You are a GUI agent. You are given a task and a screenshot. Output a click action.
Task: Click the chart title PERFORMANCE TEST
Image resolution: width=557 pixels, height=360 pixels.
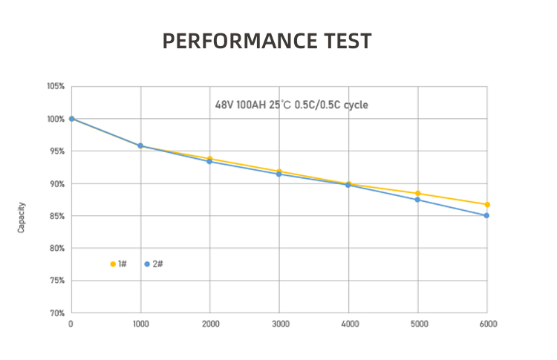267,41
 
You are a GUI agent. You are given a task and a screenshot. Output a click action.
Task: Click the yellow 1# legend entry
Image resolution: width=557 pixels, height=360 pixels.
118,264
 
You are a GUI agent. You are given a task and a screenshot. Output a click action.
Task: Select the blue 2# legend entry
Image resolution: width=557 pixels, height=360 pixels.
154,264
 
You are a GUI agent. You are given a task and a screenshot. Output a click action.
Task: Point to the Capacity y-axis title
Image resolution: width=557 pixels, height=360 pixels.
22,217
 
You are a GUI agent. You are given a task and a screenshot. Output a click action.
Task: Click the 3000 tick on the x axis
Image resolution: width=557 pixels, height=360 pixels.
279,324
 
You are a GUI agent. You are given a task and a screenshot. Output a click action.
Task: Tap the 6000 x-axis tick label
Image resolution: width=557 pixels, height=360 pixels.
488,324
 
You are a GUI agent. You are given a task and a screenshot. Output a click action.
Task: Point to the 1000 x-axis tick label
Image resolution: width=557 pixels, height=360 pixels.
140,324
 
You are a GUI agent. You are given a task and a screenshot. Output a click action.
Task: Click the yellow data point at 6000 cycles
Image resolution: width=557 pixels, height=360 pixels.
487,204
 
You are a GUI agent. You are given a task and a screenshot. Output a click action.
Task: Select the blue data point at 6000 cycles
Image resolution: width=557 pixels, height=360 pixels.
487,215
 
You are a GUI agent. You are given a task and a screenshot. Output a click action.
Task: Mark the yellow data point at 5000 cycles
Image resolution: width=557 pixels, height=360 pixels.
418,194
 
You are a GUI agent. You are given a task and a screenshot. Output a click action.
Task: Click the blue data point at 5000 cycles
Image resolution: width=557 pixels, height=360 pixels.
418,200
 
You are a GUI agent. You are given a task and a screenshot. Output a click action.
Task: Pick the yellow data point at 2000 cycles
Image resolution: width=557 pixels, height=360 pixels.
210,159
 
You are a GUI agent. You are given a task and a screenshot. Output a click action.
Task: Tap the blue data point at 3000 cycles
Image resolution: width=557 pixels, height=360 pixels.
279,174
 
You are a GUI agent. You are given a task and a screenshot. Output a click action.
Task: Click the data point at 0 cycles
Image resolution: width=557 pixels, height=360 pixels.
72,119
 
